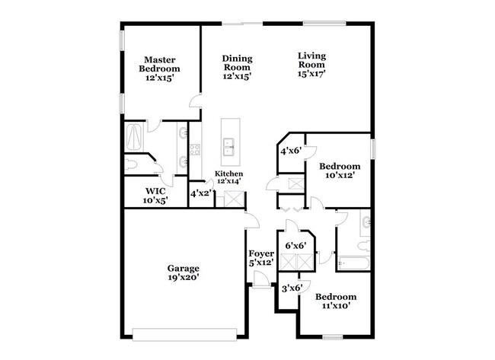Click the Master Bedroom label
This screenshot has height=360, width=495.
[x=160, y=64]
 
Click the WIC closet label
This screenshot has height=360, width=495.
[x=155, y=190]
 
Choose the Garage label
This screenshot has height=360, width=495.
[x=184, y=268]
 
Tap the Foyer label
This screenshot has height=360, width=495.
[x=262, y=254]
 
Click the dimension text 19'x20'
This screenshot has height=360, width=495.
[x=184, y=279]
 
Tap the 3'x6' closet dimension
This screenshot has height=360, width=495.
[x=292, y=288]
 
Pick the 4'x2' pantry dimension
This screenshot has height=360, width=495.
[x=200, y=193]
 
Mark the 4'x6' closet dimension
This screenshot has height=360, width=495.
[x=290, y=151]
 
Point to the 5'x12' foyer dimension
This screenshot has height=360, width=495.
[x=262, y=263]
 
